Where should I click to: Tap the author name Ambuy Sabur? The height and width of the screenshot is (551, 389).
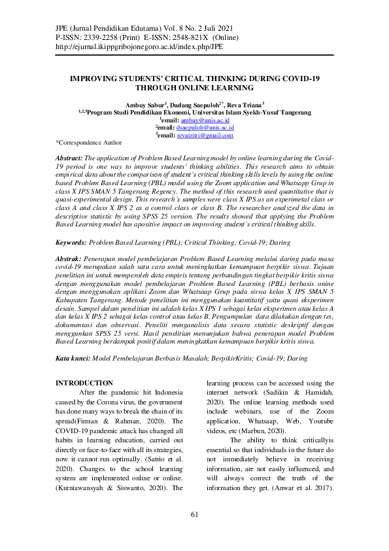click(147, 104)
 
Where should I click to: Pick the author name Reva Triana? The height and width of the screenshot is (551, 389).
click(245, 104)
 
